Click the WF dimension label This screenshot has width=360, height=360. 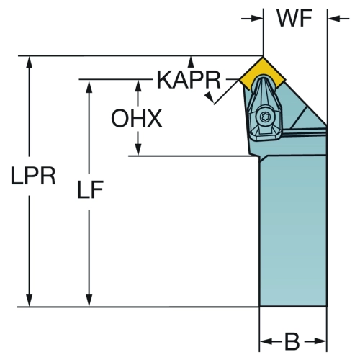tap(294, 18)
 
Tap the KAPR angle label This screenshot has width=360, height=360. tap(189, 80)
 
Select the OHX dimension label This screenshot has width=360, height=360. tap(136, 118)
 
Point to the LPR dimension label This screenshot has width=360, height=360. tap(33, 176)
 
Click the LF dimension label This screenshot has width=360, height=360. tap(90, 189)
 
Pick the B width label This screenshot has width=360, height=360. tap(292, 341)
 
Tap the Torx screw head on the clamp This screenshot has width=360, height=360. tap(266, 117)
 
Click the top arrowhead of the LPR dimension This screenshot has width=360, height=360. tap(30, 63)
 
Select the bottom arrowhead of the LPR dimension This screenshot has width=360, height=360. tap(30, 300)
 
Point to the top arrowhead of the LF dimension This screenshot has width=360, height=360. tap(89, 86)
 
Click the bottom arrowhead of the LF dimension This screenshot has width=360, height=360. tap(89, 300)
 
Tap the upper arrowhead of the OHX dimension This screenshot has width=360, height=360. tap(138, 86)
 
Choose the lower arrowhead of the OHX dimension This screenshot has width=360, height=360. tap(138, 150)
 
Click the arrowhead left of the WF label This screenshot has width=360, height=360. tap(257, 18)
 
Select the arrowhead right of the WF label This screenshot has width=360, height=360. tap(334, 18)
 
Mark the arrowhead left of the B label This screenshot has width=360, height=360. tap(266, 341)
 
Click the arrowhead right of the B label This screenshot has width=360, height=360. tap(320, 341)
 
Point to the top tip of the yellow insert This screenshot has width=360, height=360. tap(263, 57)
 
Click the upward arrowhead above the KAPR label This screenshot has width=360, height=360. tap(191, 62)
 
